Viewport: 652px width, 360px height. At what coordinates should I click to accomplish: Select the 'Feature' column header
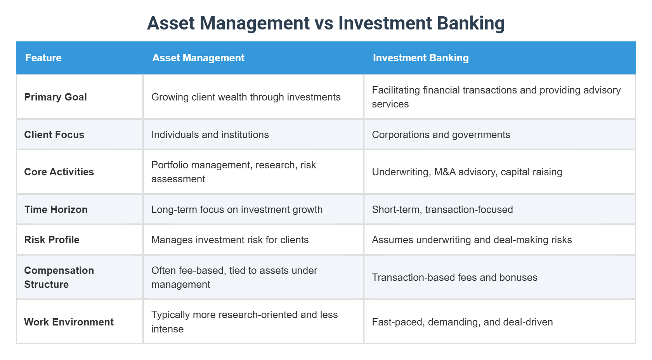43,58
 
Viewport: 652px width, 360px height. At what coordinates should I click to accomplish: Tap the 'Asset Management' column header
198,58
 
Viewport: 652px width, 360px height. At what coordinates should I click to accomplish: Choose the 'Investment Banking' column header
420,58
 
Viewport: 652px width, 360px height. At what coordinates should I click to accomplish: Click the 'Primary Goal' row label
55,97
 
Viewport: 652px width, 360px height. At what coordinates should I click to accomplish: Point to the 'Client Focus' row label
54,135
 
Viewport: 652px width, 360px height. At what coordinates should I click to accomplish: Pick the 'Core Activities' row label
59,172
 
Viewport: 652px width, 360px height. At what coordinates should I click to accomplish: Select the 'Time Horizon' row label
56,209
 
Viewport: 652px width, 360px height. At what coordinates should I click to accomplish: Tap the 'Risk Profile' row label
52,240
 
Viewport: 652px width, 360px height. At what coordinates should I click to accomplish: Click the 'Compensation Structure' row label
59,277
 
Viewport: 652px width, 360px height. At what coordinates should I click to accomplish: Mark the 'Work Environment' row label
69,322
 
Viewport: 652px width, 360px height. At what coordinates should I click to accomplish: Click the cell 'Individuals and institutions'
210,135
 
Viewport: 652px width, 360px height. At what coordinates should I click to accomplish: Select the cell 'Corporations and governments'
440,135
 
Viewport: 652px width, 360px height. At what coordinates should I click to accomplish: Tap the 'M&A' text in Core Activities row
445,172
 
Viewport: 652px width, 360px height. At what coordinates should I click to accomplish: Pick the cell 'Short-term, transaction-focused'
442,209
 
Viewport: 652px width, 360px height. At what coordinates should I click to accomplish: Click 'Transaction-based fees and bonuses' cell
454,277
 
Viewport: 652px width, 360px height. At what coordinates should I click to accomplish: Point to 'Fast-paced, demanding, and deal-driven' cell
462,322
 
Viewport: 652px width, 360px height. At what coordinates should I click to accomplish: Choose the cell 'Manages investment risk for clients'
230,240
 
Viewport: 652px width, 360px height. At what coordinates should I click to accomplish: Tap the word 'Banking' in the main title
470,23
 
